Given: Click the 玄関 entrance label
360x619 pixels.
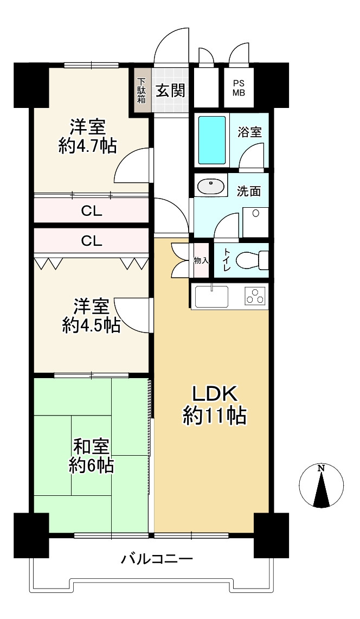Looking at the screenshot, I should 171,91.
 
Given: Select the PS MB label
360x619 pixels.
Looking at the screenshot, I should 239,88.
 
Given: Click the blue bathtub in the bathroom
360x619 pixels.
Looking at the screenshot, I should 212,140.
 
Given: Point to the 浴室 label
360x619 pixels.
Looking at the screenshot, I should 250,132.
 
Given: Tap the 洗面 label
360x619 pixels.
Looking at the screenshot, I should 249,191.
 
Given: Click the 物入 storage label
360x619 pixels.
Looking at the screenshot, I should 201,260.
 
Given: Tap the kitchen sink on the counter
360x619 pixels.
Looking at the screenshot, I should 211,296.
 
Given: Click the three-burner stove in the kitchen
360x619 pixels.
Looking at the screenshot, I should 255,296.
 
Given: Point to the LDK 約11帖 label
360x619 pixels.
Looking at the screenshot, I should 215,405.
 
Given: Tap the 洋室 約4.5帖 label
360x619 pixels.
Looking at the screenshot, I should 91,315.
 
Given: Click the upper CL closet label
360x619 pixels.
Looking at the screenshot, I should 92,210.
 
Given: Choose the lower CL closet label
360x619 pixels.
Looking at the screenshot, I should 92,240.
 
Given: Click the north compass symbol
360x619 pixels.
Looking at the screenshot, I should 321,486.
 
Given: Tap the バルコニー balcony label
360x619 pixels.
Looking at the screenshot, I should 157,558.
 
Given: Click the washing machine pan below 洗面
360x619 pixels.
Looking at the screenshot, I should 255,222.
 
